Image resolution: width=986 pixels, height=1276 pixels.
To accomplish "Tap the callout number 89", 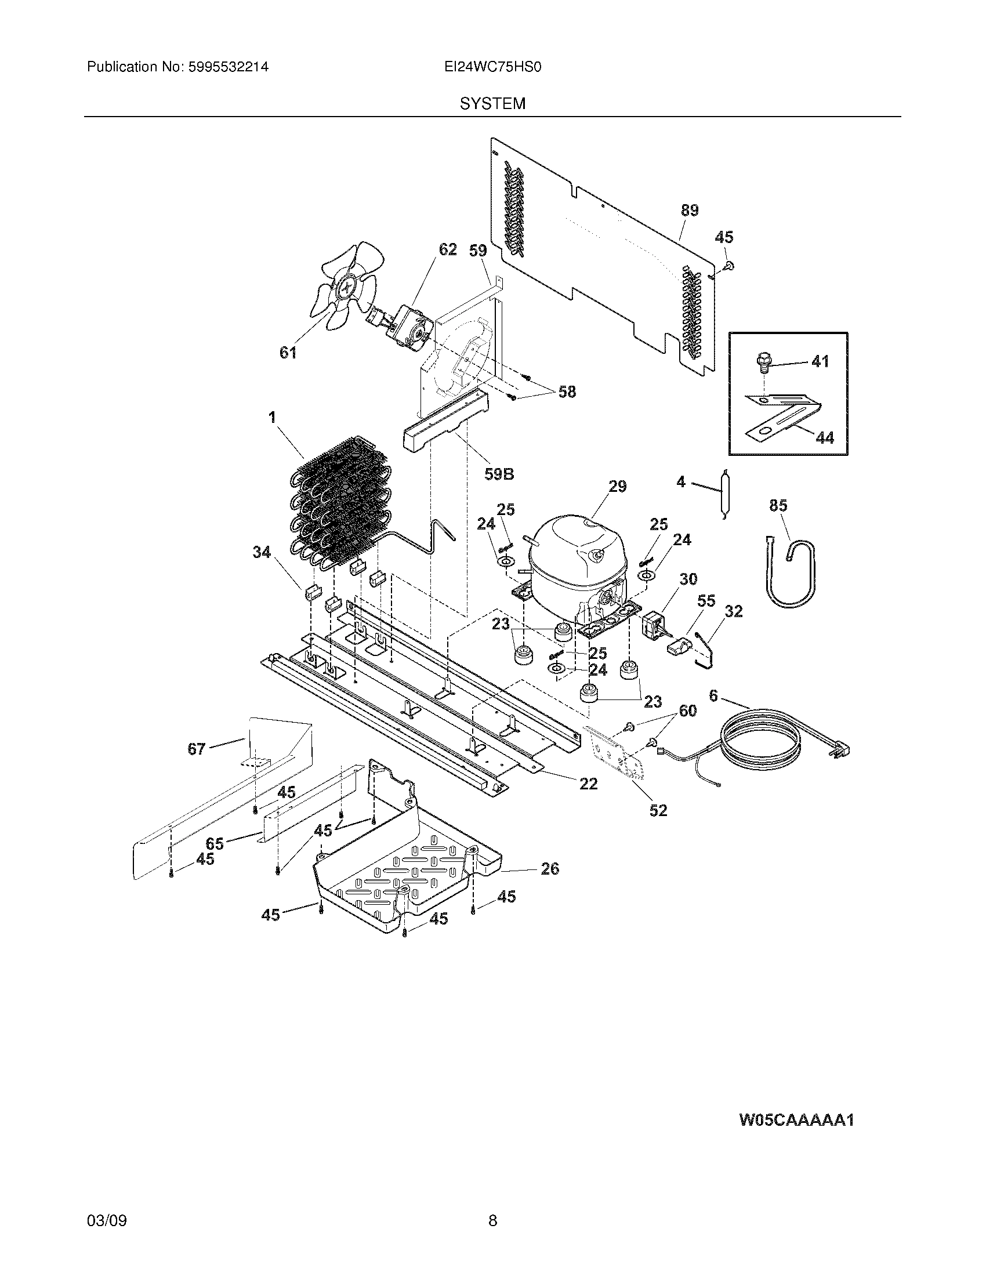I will pyautogui.click(x=690, y=211).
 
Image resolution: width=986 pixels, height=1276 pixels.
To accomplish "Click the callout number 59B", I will pyautogui.click(x=499, y=474).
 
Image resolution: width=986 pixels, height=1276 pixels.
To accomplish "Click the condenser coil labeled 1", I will pyautogui.click(x=333, y=508).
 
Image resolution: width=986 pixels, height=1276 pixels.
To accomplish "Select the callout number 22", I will pyautogui.click(x=588, y=784).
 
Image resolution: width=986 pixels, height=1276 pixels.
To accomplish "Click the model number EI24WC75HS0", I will pyautogui.click(x=492, y=67).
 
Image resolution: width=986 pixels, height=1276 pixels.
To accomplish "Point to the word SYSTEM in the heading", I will pyautogui.click(x=492, y=104).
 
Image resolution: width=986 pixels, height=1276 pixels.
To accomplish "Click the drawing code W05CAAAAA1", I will pyautogui.click(x=797, y=1120).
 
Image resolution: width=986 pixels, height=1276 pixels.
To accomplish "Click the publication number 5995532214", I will pyautogui.click(x=229, y=67).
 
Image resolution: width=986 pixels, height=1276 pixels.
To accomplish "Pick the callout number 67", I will pyautogui.click(x=196, y=748).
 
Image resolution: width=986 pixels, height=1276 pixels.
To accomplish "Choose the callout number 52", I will pyautogui.click(x=658, y=810).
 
